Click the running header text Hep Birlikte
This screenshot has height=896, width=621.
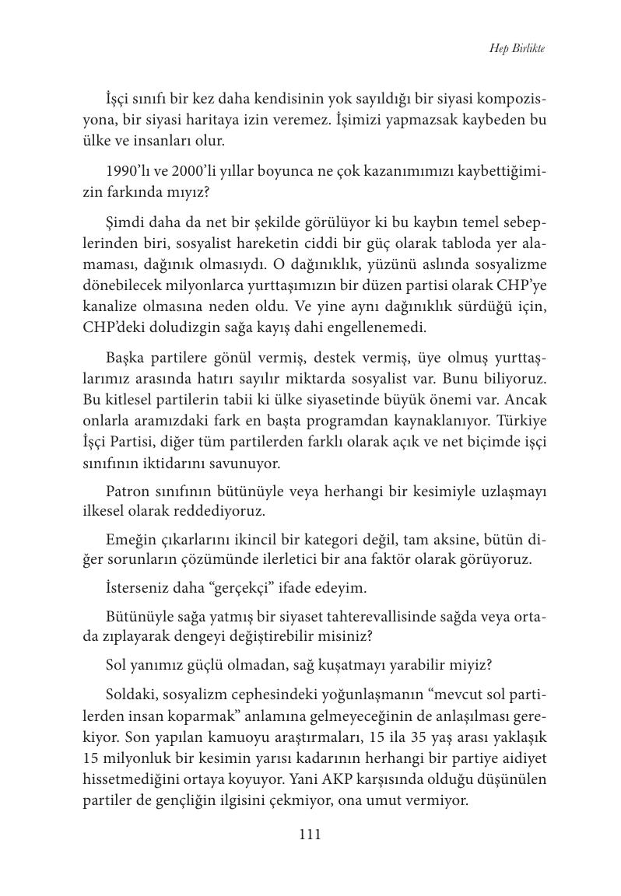tap(517, 48)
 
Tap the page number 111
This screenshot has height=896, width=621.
tap(310, 835)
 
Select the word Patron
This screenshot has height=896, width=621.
tap(127, 492)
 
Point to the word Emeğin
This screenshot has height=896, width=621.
tap(129, 538)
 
